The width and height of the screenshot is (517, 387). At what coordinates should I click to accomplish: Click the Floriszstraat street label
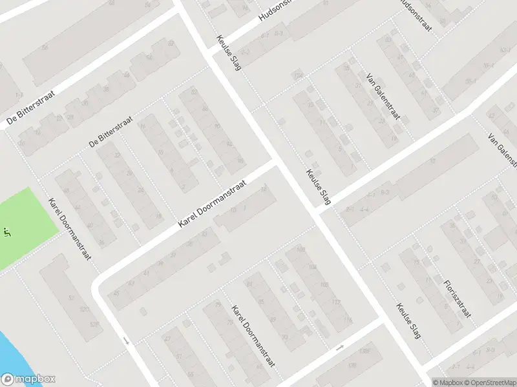pyautogui.click(x=458, y=299)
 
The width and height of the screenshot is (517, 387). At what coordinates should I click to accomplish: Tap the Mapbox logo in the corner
pyautogui.click(x=28, y=380)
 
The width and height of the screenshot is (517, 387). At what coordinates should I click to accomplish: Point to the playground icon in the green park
pyautogui.click(x=7, y=230)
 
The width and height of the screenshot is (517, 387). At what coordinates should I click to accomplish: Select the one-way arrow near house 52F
pyautogui.click(x=127, y=340)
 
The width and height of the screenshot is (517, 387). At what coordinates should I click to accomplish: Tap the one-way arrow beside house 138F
pyautogui.click(x=340, y=348)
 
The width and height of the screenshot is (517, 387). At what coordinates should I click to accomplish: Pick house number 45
pyautogui.click(x=116, y=293)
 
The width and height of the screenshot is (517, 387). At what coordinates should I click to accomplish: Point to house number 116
pyautogui.click(x=348, y=320)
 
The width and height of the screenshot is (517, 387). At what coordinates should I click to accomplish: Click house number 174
pyautogui.click(x=298, y=77)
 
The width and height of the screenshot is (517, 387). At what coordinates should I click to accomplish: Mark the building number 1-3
pyautogui.click(x=17, y=96)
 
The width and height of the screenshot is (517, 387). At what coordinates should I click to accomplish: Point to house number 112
pyautogui.click(x=335, y=302)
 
